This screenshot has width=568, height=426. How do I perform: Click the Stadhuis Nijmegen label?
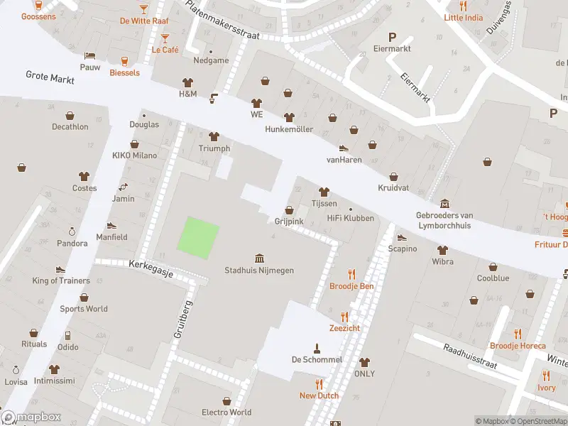coord(259,270)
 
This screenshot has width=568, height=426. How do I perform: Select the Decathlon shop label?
coord(70,127)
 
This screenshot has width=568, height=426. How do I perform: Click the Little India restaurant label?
coord(463,18)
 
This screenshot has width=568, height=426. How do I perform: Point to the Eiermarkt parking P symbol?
coord(391,37)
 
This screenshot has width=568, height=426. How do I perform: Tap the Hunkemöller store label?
coord(289,129)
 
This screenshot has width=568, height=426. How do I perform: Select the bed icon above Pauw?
coord(89,55)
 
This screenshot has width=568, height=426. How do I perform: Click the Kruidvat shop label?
coord(393,188)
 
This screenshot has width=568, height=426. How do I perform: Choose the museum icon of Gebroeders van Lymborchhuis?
coord(445,204)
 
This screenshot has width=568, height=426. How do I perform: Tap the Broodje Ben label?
coord(351,286)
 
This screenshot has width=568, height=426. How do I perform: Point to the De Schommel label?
coord(317,359)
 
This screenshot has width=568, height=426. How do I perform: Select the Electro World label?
coord(226,412)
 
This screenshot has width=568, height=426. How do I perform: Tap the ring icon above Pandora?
coord(72,231)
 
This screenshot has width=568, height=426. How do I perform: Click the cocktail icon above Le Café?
coord(165,38)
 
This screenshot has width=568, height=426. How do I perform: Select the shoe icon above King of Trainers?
coord(60,269)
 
